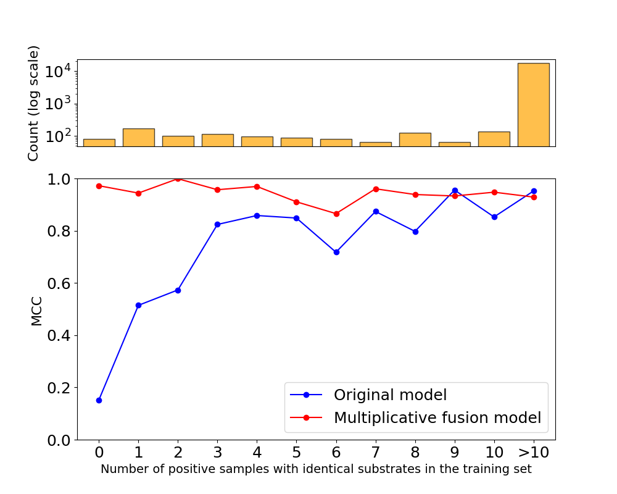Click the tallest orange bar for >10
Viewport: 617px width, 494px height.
533,104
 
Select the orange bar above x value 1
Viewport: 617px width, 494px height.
138,137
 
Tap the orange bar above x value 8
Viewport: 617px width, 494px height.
415,140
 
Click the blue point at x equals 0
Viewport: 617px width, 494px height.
99,400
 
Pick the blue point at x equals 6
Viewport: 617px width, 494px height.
336,252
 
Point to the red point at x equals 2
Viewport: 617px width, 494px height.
178,178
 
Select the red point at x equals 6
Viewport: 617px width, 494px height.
336,214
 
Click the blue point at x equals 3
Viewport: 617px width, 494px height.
217,224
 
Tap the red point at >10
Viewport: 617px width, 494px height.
534,197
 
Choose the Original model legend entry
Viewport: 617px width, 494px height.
390,395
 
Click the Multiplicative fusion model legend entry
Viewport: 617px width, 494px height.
437,417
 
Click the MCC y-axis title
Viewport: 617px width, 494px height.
37,309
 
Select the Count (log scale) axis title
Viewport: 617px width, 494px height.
34,103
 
